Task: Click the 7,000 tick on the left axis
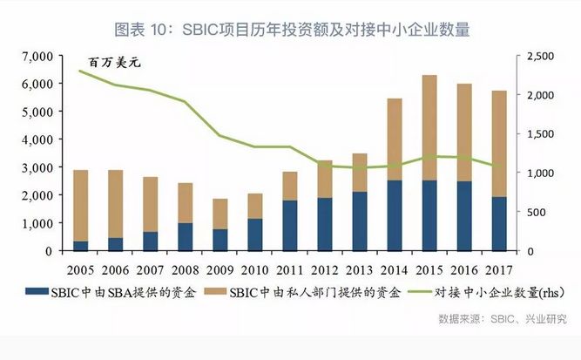38,57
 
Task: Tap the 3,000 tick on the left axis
38,167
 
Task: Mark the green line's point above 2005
80,71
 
